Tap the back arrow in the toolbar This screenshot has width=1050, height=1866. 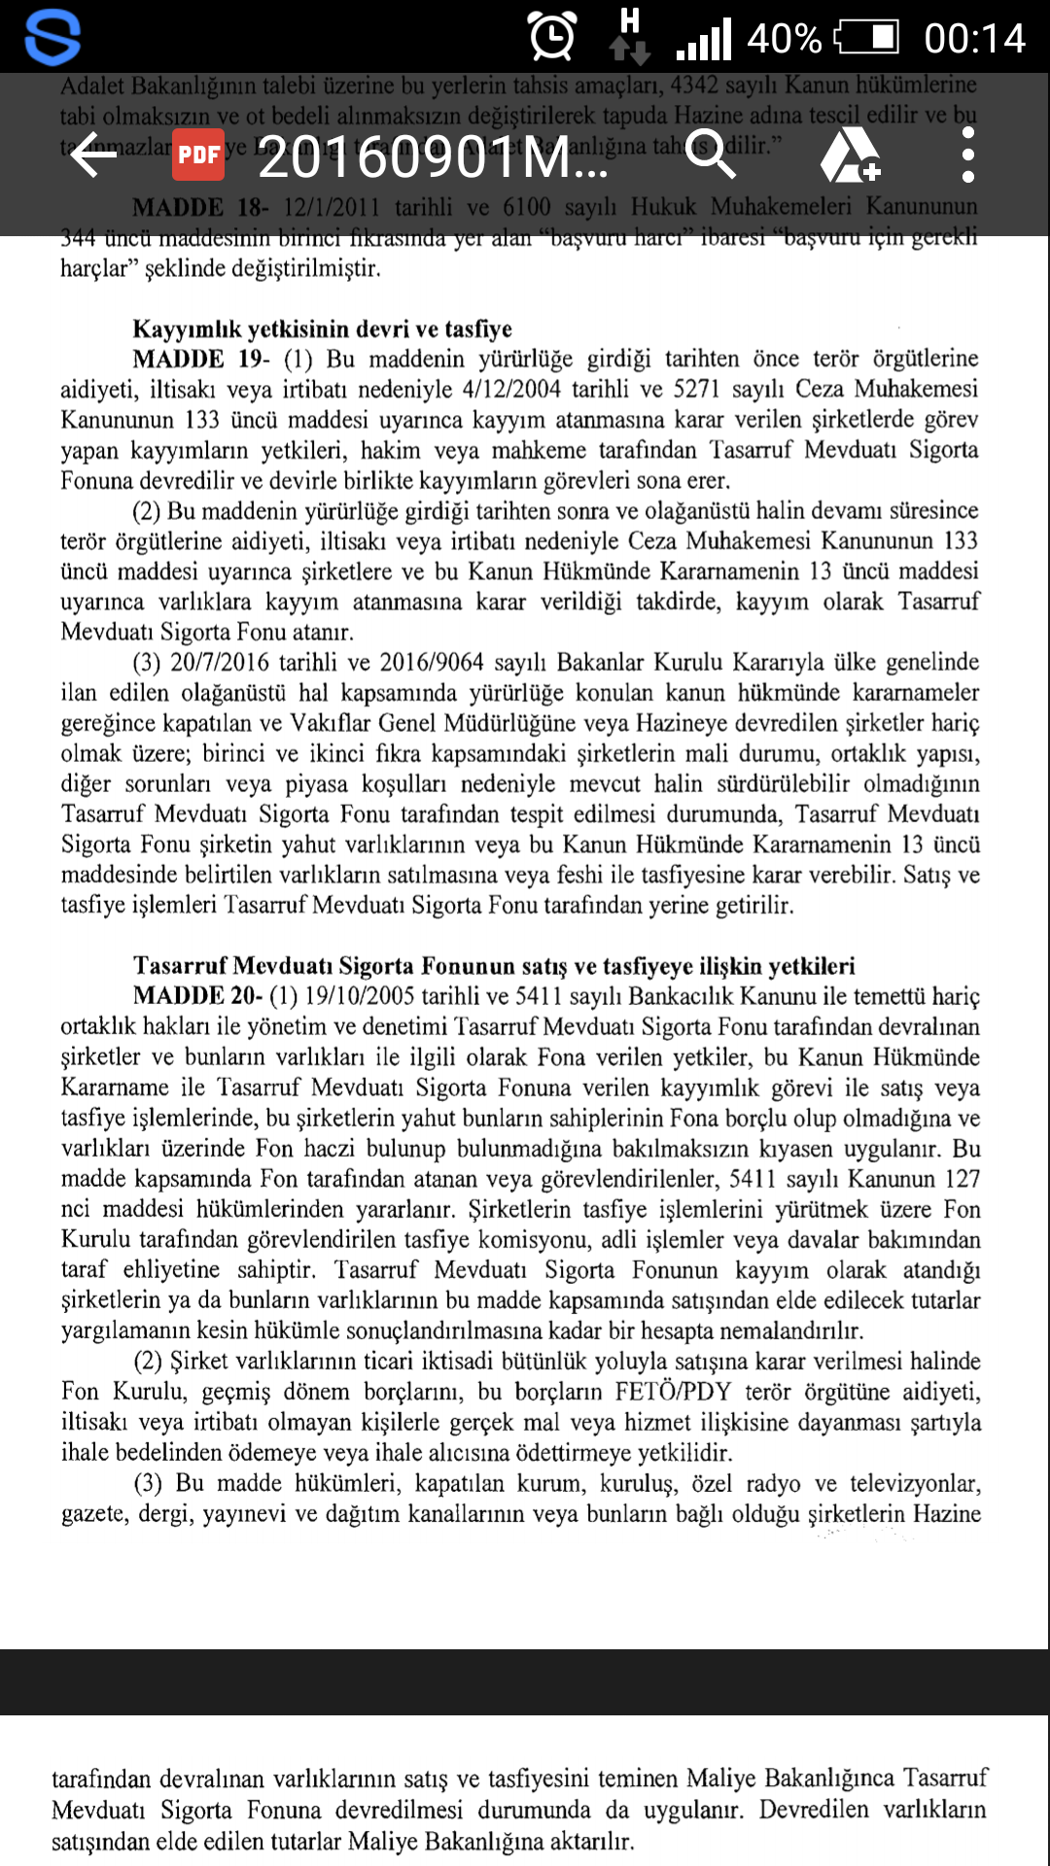point(94,155)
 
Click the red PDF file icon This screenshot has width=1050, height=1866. point(198,155)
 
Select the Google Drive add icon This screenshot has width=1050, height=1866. point(850,155)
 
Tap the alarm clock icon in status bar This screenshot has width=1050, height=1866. point(552,37)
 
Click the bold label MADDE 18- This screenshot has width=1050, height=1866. point(200,207)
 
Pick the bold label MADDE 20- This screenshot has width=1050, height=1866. point(197,996)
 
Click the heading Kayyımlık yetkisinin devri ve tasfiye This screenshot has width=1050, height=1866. point(322,328)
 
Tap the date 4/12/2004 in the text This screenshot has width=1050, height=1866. point(511,389)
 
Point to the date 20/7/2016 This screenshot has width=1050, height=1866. point(219,662)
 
